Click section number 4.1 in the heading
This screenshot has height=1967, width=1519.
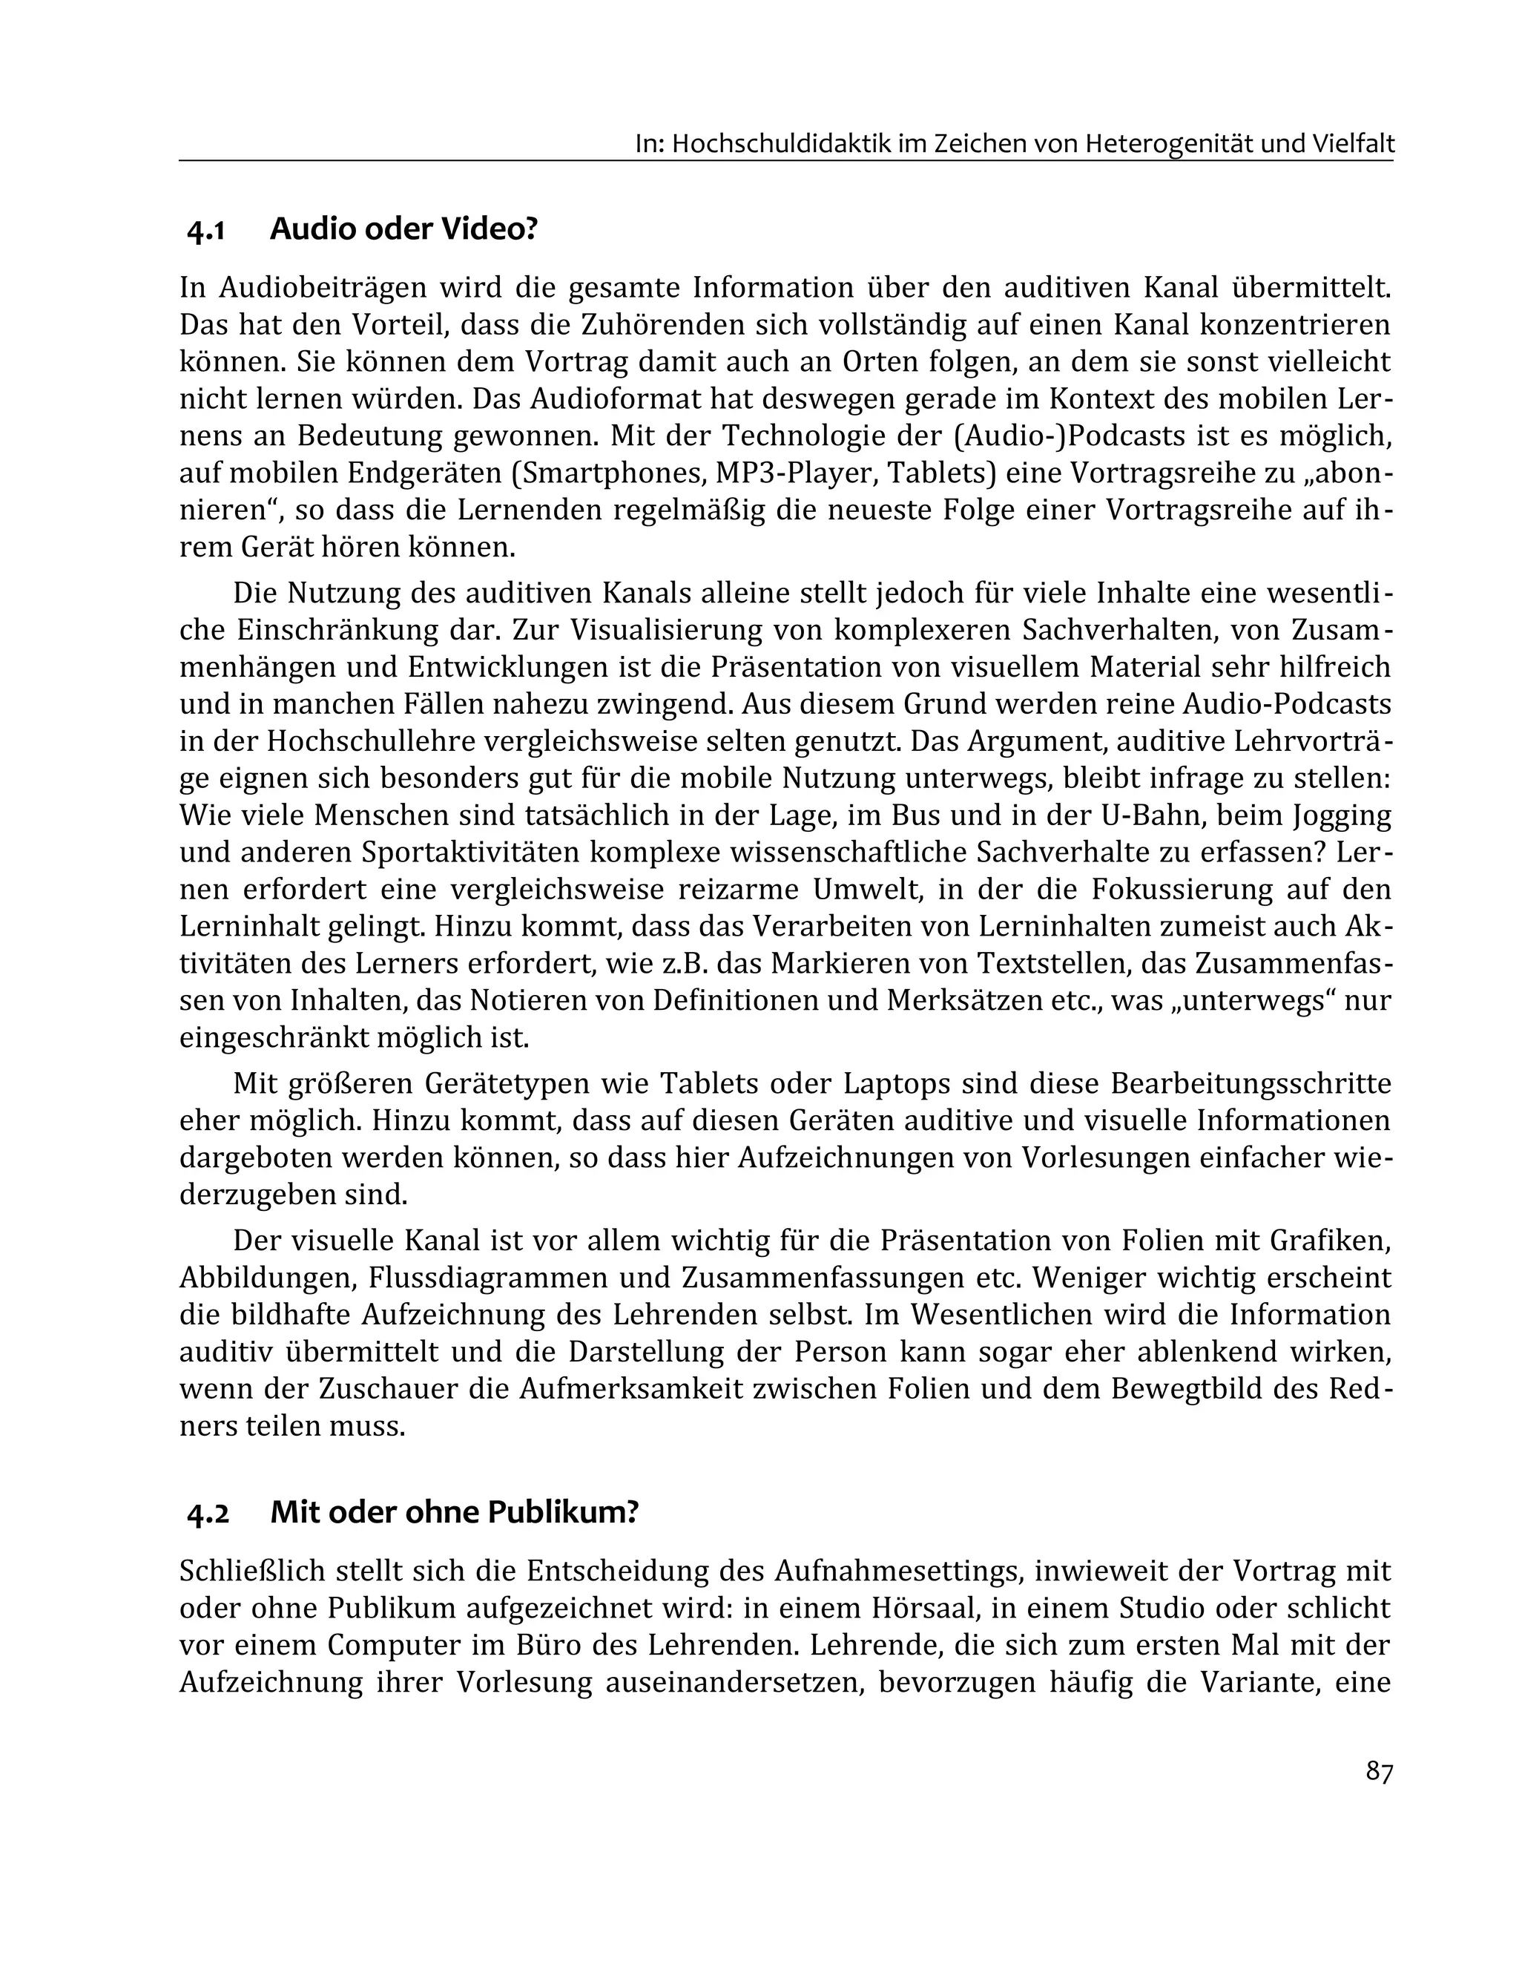(x=205, y=231)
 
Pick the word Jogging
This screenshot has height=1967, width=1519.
(x=1341, y=816)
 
